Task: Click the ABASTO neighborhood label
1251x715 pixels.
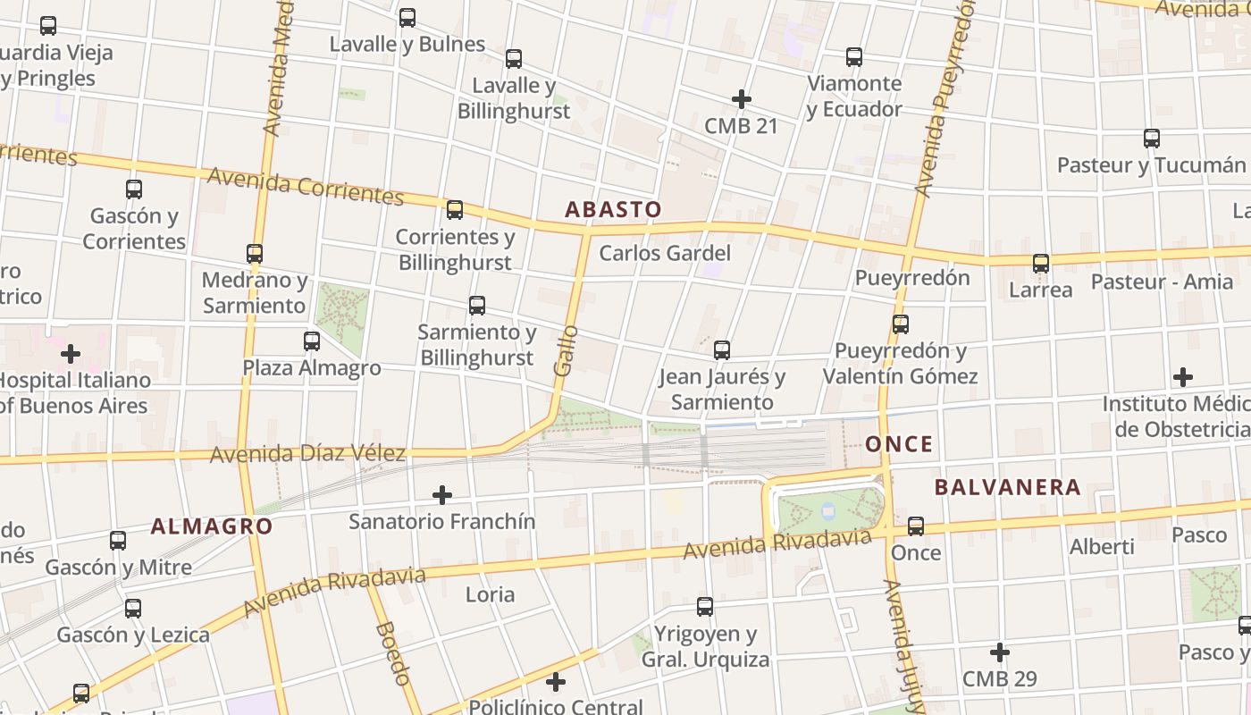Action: point(613,210)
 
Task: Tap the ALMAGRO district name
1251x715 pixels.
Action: point(211,526)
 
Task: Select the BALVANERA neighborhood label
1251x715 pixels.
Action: point(1007,488)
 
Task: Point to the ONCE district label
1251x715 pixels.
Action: point(899,444)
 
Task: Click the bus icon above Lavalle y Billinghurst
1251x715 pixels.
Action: point(514,59)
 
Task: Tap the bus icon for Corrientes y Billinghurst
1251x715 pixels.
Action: point(455,210)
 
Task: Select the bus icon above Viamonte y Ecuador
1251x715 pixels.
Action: point(854,57)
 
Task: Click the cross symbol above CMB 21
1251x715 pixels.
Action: point(741,99)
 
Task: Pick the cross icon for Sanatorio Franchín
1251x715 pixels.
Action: point(441,494)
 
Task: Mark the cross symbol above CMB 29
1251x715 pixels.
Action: point(1000,652)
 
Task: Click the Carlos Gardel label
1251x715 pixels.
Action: point(665,253)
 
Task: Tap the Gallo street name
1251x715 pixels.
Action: point(564,350)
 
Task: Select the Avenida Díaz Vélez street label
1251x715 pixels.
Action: point(307,454)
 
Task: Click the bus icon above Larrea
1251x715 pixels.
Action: point(1041,264)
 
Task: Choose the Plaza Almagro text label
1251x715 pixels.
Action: point(312,368)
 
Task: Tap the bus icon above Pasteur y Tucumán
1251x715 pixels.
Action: point(1152,139)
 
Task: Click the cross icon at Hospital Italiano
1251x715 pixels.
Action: point(71,354)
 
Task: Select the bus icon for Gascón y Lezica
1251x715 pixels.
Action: point(133,609)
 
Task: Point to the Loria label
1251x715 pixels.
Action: point(490,594)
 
